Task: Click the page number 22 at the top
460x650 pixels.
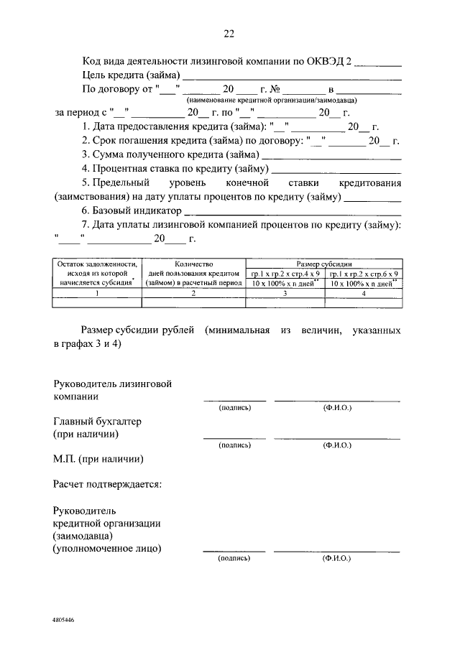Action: [x=229, y=34]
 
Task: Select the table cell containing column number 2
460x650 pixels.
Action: [x=193, y=293]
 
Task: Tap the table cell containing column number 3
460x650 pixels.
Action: [x=285, y=293]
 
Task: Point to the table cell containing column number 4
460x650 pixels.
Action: [x=363, y=293]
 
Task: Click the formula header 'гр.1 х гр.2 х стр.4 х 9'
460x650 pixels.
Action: [x=285, y=274]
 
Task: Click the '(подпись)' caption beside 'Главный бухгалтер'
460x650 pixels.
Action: [x=235, y=445]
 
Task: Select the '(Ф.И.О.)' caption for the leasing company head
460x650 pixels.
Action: [x=337, y=407]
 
